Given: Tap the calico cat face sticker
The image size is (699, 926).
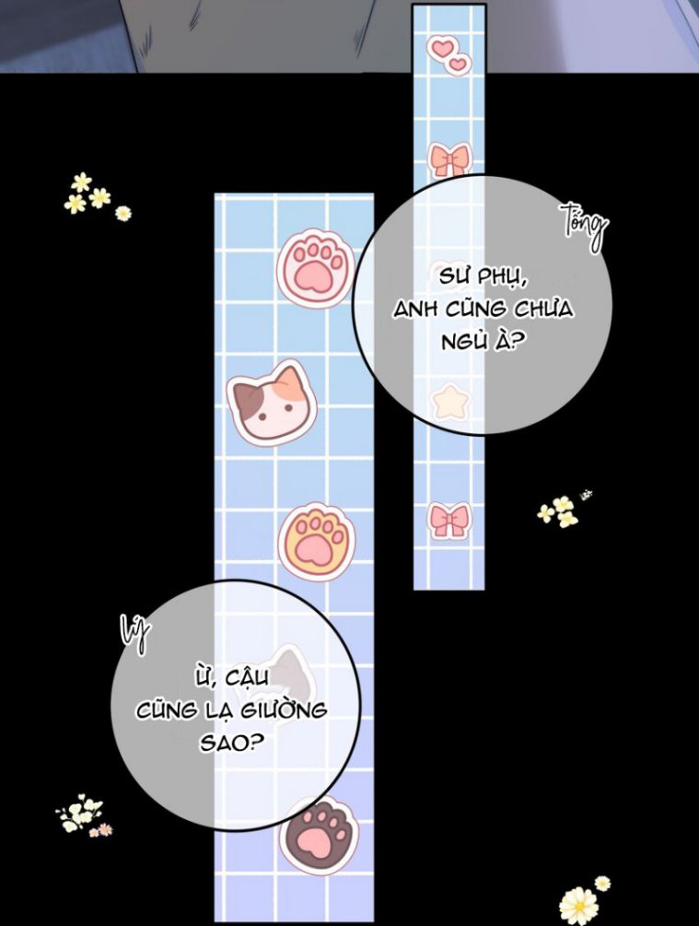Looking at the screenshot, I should (271, 405).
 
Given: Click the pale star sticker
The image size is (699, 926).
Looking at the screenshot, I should (451, 402).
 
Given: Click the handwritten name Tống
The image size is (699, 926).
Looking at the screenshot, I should (585, 229).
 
